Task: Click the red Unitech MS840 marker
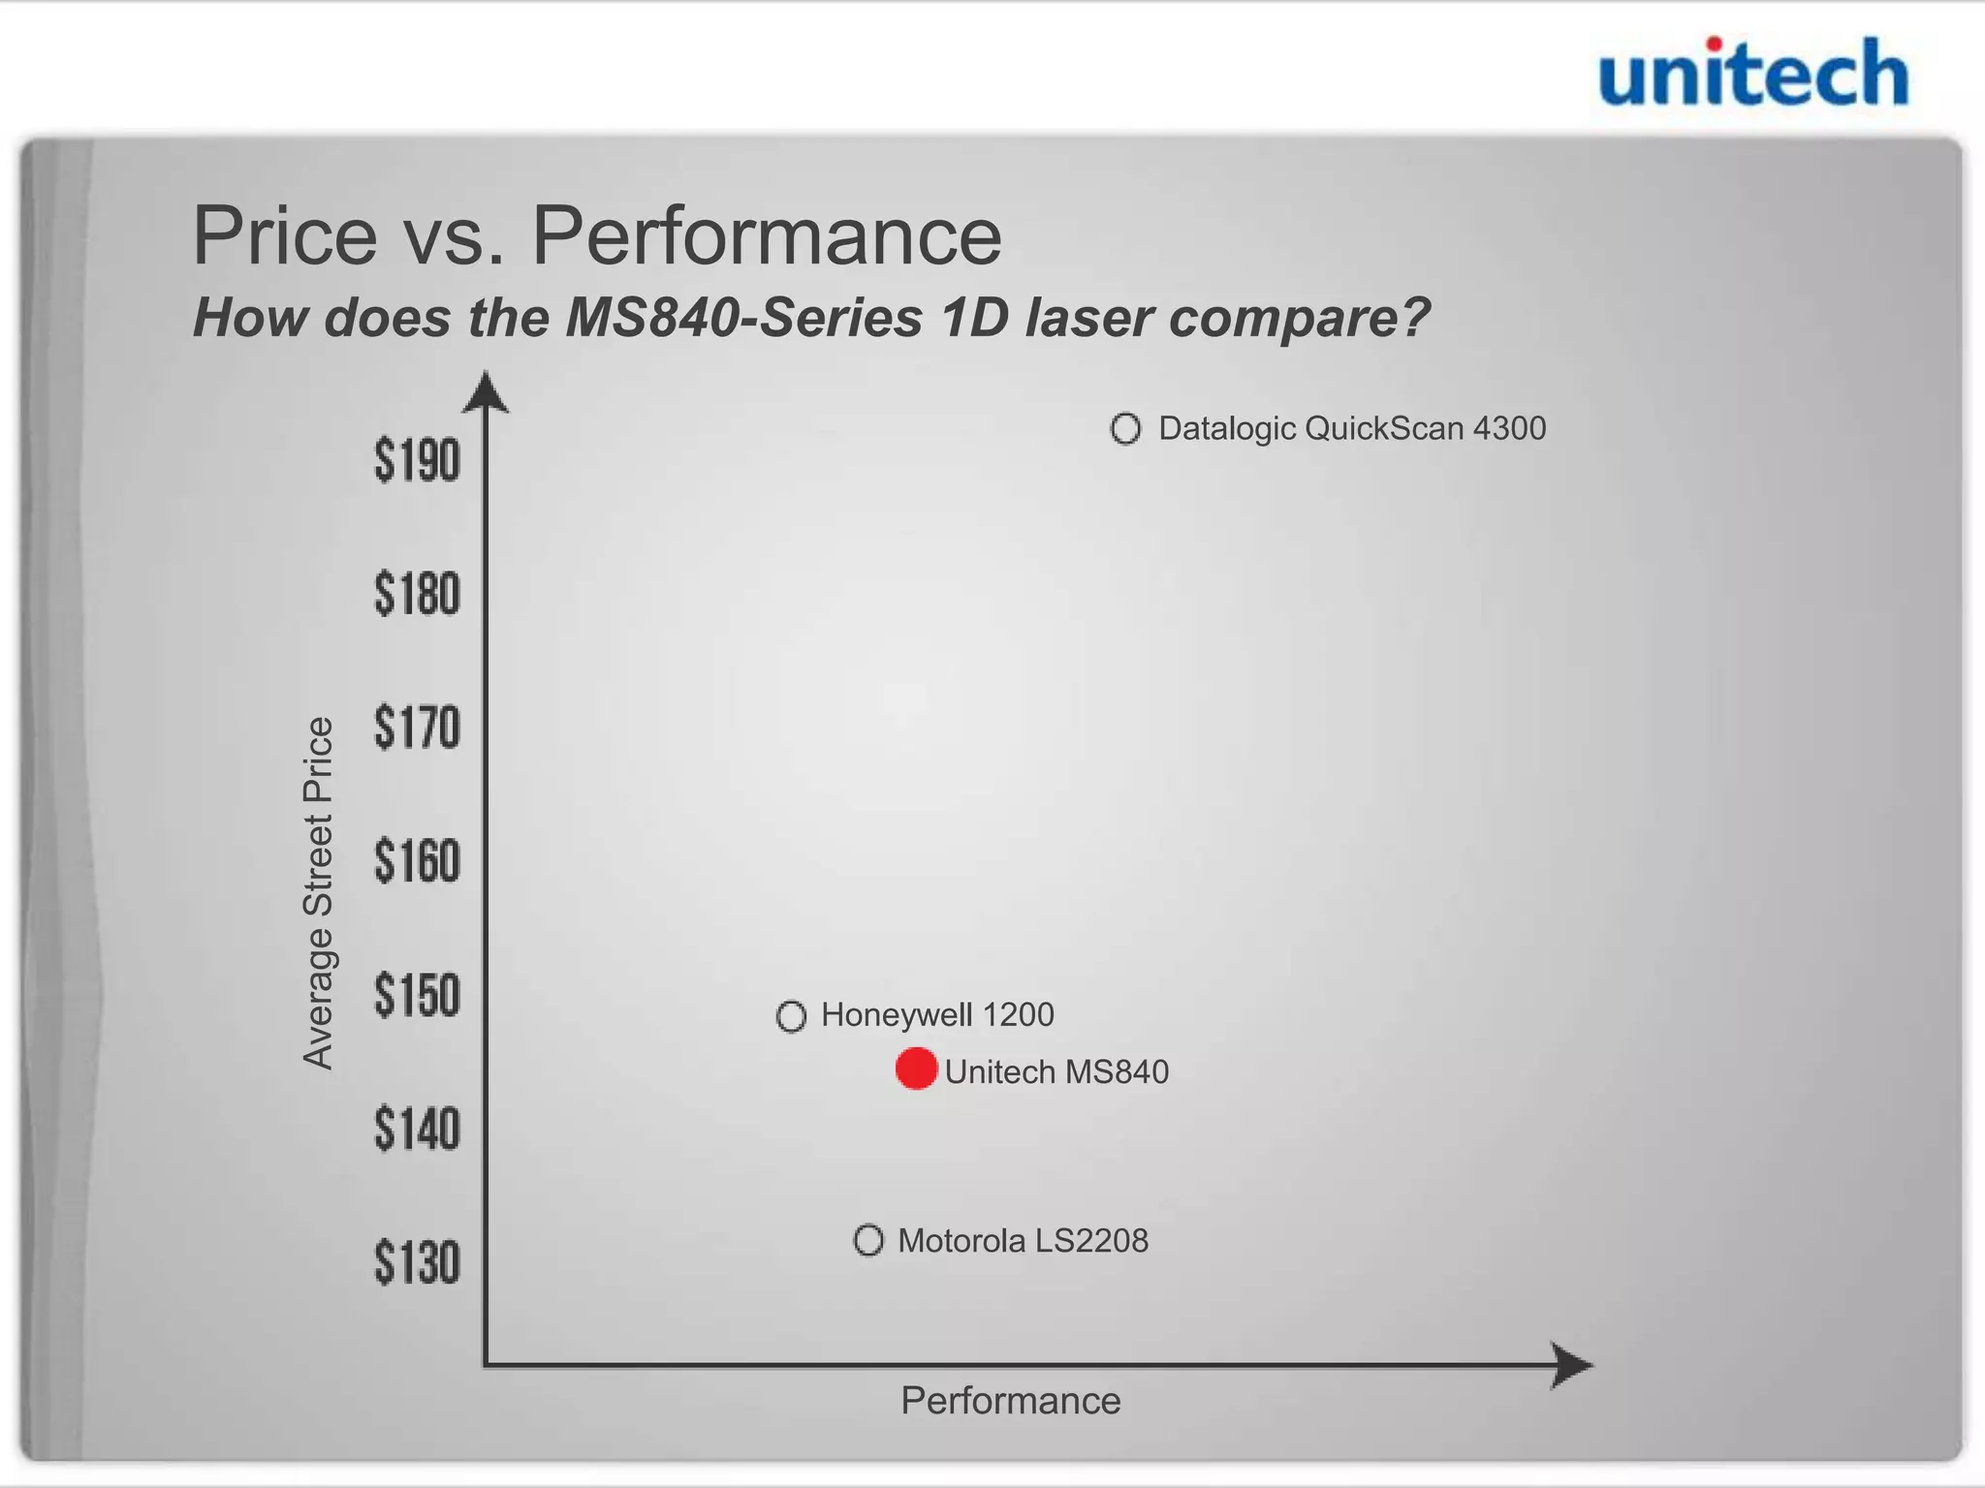pyautogui.click(x=916, y=1069)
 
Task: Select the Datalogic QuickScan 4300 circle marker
pyautogui.click(x=1125, y=428)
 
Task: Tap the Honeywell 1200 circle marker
pyautogui.click(x=791, y=1016)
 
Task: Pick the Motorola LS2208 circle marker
pyautogui.click(x=868, y=1240)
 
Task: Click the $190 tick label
pyautogui.click(x=417, y=460)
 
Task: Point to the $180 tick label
pyautogui.click(x=417, y=594)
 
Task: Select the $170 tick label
pyautogui.click(x=417, y=728)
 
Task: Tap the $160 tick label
pyautogui.click(x=417, y=861)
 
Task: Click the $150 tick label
pyautogui.click(x=417, y=995)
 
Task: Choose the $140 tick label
pyautogui.click(x=417, y=1130)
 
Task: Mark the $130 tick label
pyautogui.click(x=417, y=1263)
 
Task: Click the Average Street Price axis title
pyautogui.click(x=318, y=893)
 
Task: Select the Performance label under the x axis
pyautogui.click(x=1010, y=1401)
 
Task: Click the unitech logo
pyautogui.click(x=1752, y=73)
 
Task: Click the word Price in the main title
pyautogui.click(x=285, y=235)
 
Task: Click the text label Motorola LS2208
pyautogui.click(x=1023, y=1241)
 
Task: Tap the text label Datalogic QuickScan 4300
pyautogui.click(x=1352, y=428)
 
